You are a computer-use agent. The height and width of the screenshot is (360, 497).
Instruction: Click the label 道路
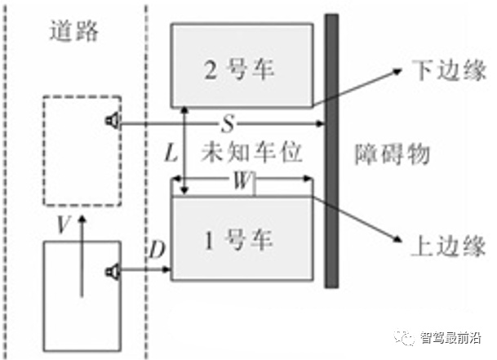[73, 31]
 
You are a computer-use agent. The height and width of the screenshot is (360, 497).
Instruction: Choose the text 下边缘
[442, 71]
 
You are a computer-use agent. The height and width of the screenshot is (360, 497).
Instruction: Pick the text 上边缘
[442, 242]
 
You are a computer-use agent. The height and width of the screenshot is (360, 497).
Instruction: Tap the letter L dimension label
[170, 152]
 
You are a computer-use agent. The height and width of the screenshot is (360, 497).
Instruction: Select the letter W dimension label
[242, 181]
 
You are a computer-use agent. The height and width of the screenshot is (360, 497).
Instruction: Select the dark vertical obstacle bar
[331, 151]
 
